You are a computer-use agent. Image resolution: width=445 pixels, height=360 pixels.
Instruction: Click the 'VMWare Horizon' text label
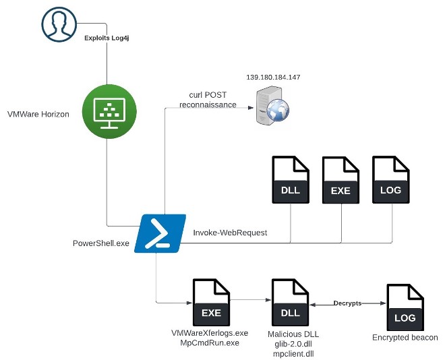38,115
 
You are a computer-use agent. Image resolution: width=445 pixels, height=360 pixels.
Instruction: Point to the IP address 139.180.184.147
273,78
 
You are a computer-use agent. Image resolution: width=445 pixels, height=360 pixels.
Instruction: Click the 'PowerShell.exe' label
100,243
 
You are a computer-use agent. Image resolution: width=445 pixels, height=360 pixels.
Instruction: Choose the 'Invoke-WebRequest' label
230,233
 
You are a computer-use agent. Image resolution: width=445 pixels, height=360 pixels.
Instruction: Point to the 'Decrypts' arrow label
348,303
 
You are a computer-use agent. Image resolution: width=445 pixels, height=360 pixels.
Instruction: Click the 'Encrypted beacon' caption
405,338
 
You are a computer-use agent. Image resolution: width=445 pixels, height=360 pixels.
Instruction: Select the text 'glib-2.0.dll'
291,343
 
